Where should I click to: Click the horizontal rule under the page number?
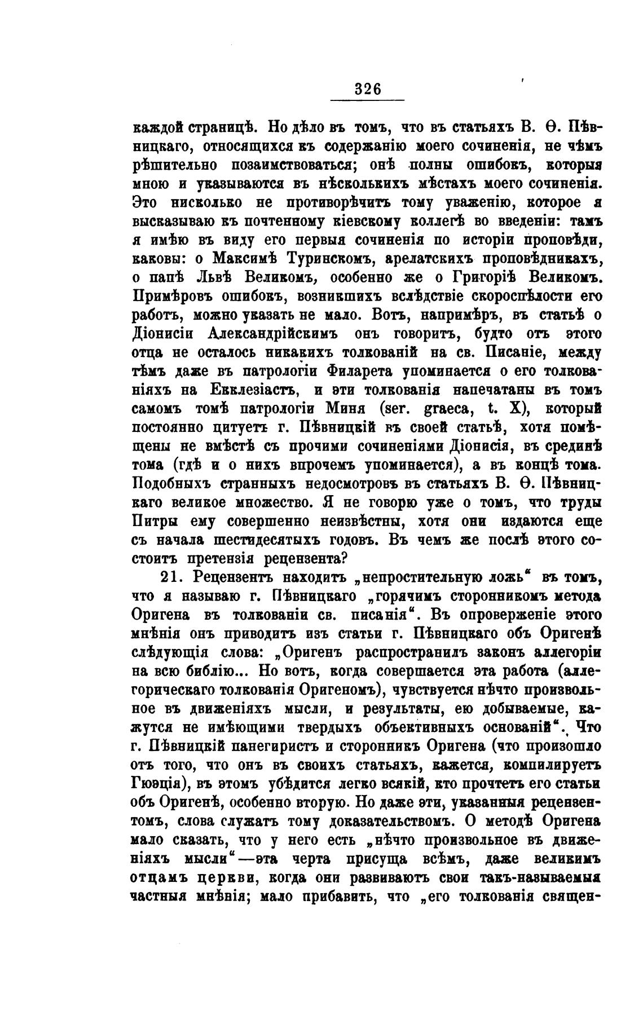(x=368, y=100)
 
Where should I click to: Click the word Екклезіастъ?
(x=246, y=390)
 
